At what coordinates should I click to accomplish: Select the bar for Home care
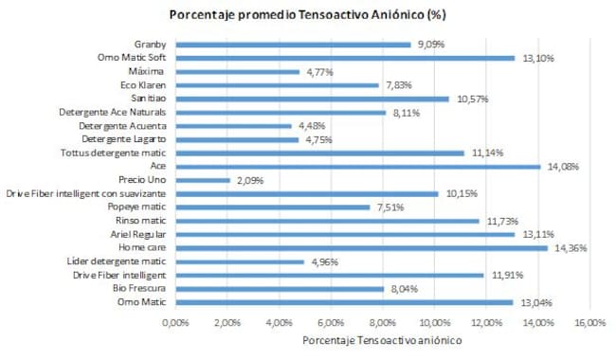point(361,248)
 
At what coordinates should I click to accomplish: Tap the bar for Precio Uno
point(202,180)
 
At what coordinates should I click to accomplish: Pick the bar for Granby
point(293,44)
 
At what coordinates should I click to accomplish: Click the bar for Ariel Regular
point(345,234)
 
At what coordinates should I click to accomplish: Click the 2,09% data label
point(249,180)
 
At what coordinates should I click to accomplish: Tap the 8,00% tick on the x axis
point(383,322)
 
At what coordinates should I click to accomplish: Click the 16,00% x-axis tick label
point(590,322)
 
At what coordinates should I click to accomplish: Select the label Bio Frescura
point(140,289)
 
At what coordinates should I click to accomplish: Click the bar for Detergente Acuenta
point(233,125)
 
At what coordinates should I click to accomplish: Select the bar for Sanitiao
point(312,99)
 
